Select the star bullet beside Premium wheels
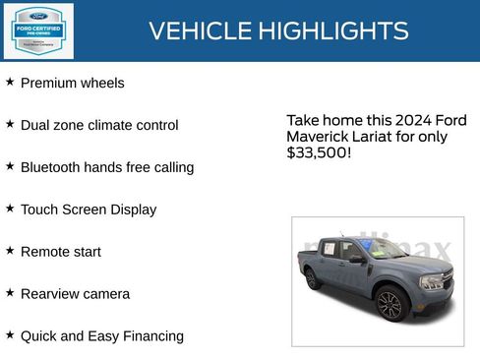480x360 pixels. pyautogui.click(x=10, y=82)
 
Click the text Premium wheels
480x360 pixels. pyautogui.click(x=73, y=84)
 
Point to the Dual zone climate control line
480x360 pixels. pyautogui.click(x=99, y=126)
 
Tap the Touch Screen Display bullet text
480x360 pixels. pyautogui.click(x=89, y=210)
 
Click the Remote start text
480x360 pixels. pyautogui.click(x=61, y=252)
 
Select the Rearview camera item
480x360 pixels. pyautogui.click(x=75, y=294)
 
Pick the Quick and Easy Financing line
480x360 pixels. pyautogui.click(x=102, y=336)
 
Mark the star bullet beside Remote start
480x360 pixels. pyautogui.click(x=10, y=251)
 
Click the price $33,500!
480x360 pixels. pyautogui.click(x=319, y=153)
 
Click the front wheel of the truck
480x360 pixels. pyautogui.click(x=390, y=304)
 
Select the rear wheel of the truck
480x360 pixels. pyautogui.click(x=313, y=278)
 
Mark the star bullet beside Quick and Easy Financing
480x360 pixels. pyautogui.click(x=10, y=335)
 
